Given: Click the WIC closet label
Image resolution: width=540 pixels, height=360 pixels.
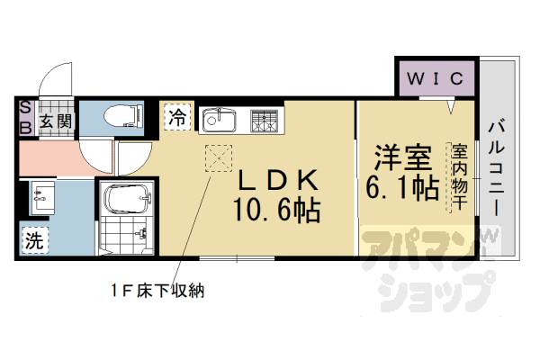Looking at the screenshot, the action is [436, 78].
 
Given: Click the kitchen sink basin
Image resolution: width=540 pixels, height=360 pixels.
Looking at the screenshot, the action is [219, 119].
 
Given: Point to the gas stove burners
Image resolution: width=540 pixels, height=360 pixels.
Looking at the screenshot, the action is [265, 119].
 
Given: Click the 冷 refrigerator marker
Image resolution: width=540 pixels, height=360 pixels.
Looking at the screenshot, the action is [178, 117].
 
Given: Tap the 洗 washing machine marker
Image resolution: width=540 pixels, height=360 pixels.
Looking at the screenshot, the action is [33, 240].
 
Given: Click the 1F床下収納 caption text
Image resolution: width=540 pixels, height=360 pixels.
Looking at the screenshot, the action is [160, 292].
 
